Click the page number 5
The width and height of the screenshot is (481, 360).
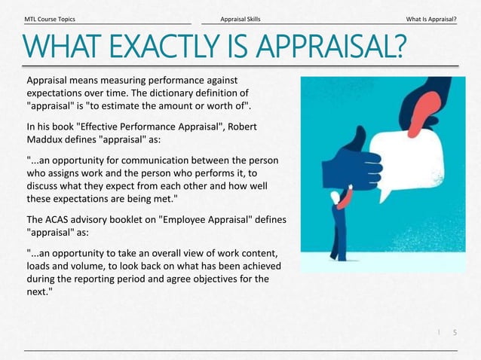[x=454, y=332]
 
